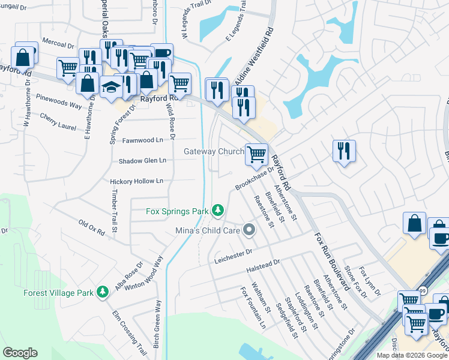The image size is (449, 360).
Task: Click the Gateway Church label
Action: [214, 152]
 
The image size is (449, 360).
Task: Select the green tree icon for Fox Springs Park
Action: [217, 211]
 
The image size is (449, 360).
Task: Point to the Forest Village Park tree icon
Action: [103, 292]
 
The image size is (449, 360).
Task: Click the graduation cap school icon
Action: [111, 88]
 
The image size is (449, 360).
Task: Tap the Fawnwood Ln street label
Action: [143, 140]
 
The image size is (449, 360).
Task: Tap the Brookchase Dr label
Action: [255, 178]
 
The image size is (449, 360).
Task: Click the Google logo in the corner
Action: [20, 352]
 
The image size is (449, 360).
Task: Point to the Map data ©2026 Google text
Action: [411, 355]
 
